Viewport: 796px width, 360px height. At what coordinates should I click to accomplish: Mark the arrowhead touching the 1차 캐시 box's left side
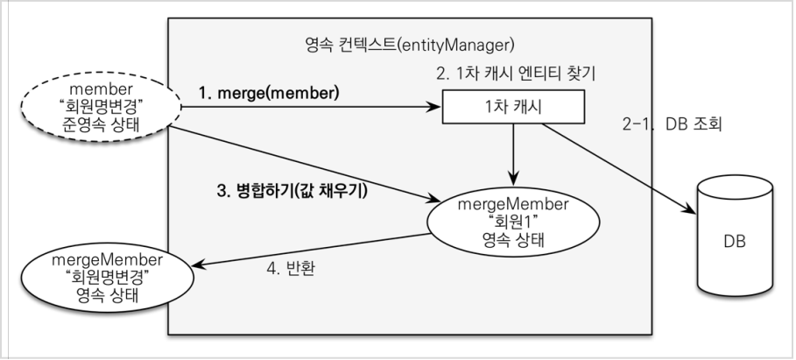(436, 109)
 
